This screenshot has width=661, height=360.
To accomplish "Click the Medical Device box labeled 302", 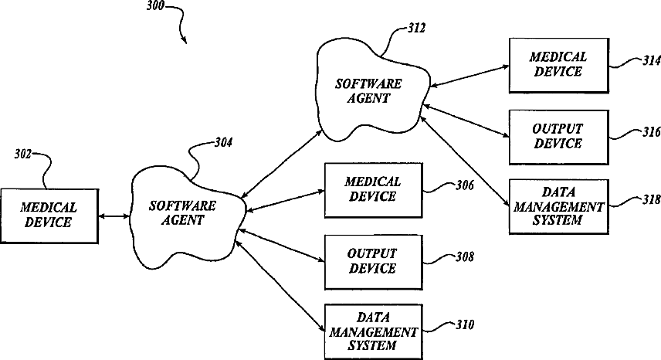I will pyautogui.click(x=49, y=216).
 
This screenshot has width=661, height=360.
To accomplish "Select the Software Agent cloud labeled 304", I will pyautogui.click(x=182, y=213).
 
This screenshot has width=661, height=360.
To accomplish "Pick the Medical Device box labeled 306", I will pyautogui.click(x=373, y=188).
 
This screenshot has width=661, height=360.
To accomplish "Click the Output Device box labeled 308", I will pyautogui.click(x=373, y=261).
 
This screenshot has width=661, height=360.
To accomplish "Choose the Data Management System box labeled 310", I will pyautogui.click(x=373, y=331).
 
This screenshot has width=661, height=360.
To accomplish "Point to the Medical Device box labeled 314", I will pyautogui.click(x=558, y=64).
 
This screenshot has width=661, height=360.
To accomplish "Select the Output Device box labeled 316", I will pyautogui.click(x=558, y=136).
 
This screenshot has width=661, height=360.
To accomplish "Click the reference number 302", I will pyautogui.click(x=22, y=155).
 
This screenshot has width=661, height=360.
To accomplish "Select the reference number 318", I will pyautogui.click(x=642, y=199).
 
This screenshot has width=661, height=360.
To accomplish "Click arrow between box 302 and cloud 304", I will pyautogui.click(x=114, y=217).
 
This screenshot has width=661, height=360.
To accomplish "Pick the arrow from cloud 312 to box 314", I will pyautogui.click(x=468, y=75).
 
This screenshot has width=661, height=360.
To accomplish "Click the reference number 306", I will pyautogui.click(x=464, y=185).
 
